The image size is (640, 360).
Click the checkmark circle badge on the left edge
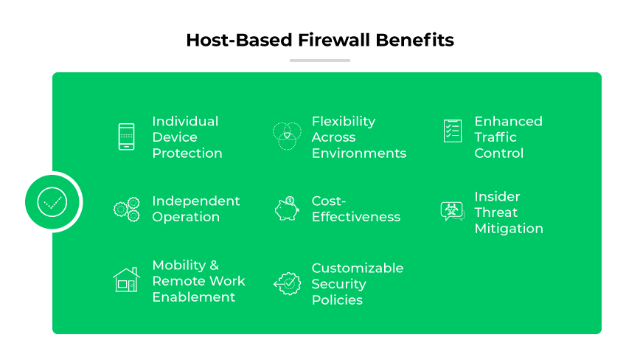pos(52,201)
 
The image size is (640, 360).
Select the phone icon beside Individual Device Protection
pos(127,137)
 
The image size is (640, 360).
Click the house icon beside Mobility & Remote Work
pos(127,280)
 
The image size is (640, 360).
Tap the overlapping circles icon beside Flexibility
pos(287,136)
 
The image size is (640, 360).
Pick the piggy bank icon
pos(287,209)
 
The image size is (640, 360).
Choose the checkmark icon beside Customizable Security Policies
pos(287,283)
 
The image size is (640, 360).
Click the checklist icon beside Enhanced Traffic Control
pos(452,131)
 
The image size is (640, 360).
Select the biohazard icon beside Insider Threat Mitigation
pos(451,211)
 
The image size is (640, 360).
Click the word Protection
pos(187,153)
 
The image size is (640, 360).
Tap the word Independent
pos(196,201)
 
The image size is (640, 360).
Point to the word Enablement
pos(194,297)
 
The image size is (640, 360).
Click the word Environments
pos(359,153)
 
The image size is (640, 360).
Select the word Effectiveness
pos(356,217)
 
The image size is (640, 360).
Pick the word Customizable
pos(358,268)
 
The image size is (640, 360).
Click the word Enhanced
pos(508,121)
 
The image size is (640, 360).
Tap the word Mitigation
pos(509,228)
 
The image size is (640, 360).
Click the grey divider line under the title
pos(319,60)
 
